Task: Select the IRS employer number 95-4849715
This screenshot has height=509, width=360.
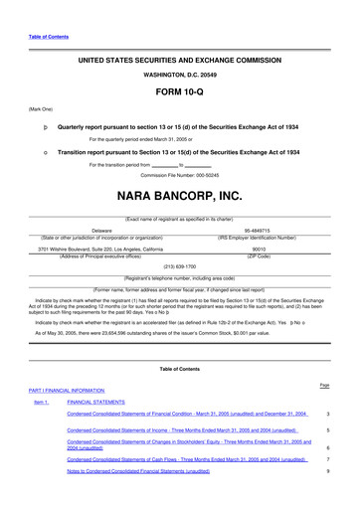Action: click(x=257, y=230)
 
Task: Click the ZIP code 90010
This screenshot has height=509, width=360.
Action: click(x=257, y=250)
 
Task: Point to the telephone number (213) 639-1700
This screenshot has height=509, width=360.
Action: click(x=180, y=267)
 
